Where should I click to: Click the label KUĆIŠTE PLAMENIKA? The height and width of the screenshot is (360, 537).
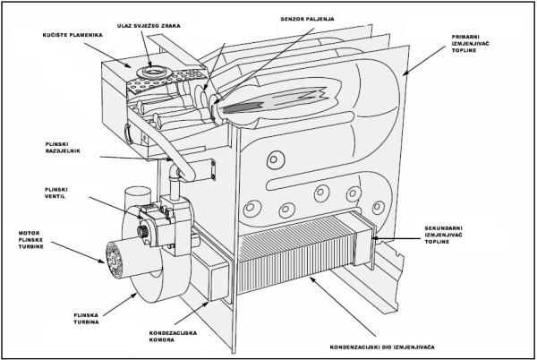tap(72, 35)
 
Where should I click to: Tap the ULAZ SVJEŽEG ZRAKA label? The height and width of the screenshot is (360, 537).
tap(149, 26)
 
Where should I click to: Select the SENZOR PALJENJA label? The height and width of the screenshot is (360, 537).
tap(307, 19)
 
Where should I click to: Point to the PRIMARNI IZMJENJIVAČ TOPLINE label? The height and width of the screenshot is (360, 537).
tap(471, 44)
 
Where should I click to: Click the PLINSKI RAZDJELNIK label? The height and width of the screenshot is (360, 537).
tap(63, 148)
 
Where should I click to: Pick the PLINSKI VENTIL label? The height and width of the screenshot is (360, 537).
tap(56, 193)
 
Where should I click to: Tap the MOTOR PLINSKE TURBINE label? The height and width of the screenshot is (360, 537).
tap(31, 240)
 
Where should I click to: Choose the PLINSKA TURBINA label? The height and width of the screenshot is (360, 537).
tap(86, 319)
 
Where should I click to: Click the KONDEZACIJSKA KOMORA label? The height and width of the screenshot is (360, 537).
tap(173, 337)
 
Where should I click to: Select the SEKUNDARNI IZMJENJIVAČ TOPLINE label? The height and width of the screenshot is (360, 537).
tap(444, 235)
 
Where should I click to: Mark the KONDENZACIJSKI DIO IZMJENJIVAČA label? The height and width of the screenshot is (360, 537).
tap(382, 347)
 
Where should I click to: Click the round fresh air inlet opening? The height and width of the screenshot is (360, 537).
tap(150, 72)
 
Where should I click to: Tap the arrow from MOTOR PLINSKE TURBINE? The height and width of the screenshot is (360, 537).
tap(80, 253)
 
